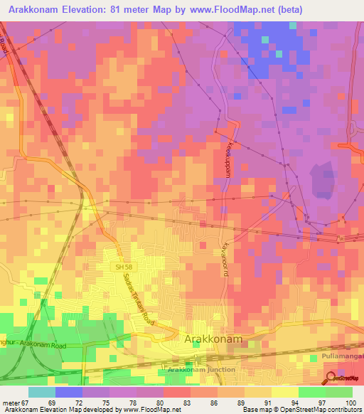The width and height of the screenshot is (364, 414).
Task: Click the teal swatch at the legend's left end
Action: click(41, 392)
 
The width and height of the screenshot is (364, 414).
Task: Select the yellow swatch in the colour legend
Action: click(284, 392)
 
